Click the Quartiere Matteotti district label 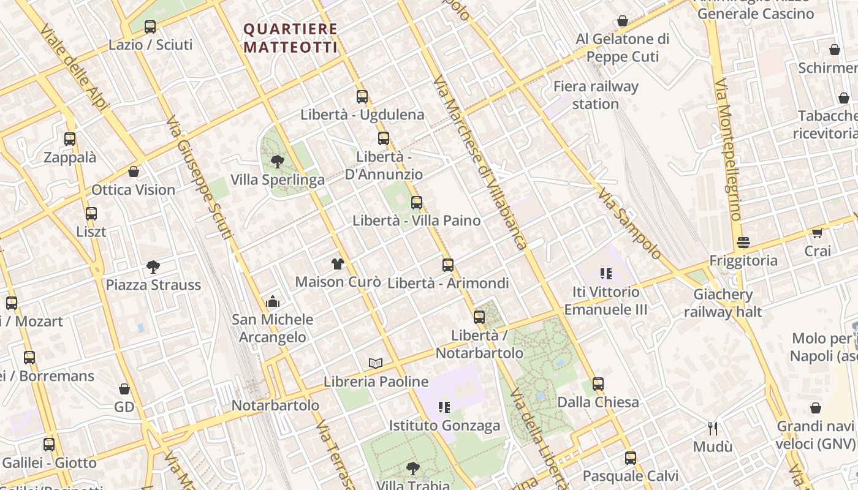tap(290, 38)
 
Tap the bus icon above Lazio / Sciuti tap(150, 27)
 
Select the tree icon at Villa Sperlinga tap(277, 162)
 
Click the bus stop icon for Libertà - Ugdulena tap(362, 97)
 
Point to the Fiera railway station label tap(596, 95)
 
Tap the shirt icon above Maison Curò tap(338, 264)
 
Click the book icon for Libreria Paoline tap(376, 363)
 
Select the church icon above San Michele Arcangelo tap(273, 301)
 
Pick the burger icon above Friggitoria tap(743, 243)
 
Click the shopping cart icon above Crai tap(817, 233)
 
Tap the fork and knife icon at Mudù tap(712, 428)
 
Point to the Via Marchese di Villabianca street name tap(480, 163)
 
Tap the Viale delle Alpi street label tap(74, 68)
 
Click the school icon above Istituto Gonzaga tap(444, 407)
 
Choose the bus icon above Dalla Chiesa tap(598, 384)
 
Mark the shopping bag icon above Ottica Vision tap(134, 171)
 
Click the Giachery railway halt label tap(723, 303)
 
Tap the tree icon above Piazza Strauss tap(153, 266)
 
